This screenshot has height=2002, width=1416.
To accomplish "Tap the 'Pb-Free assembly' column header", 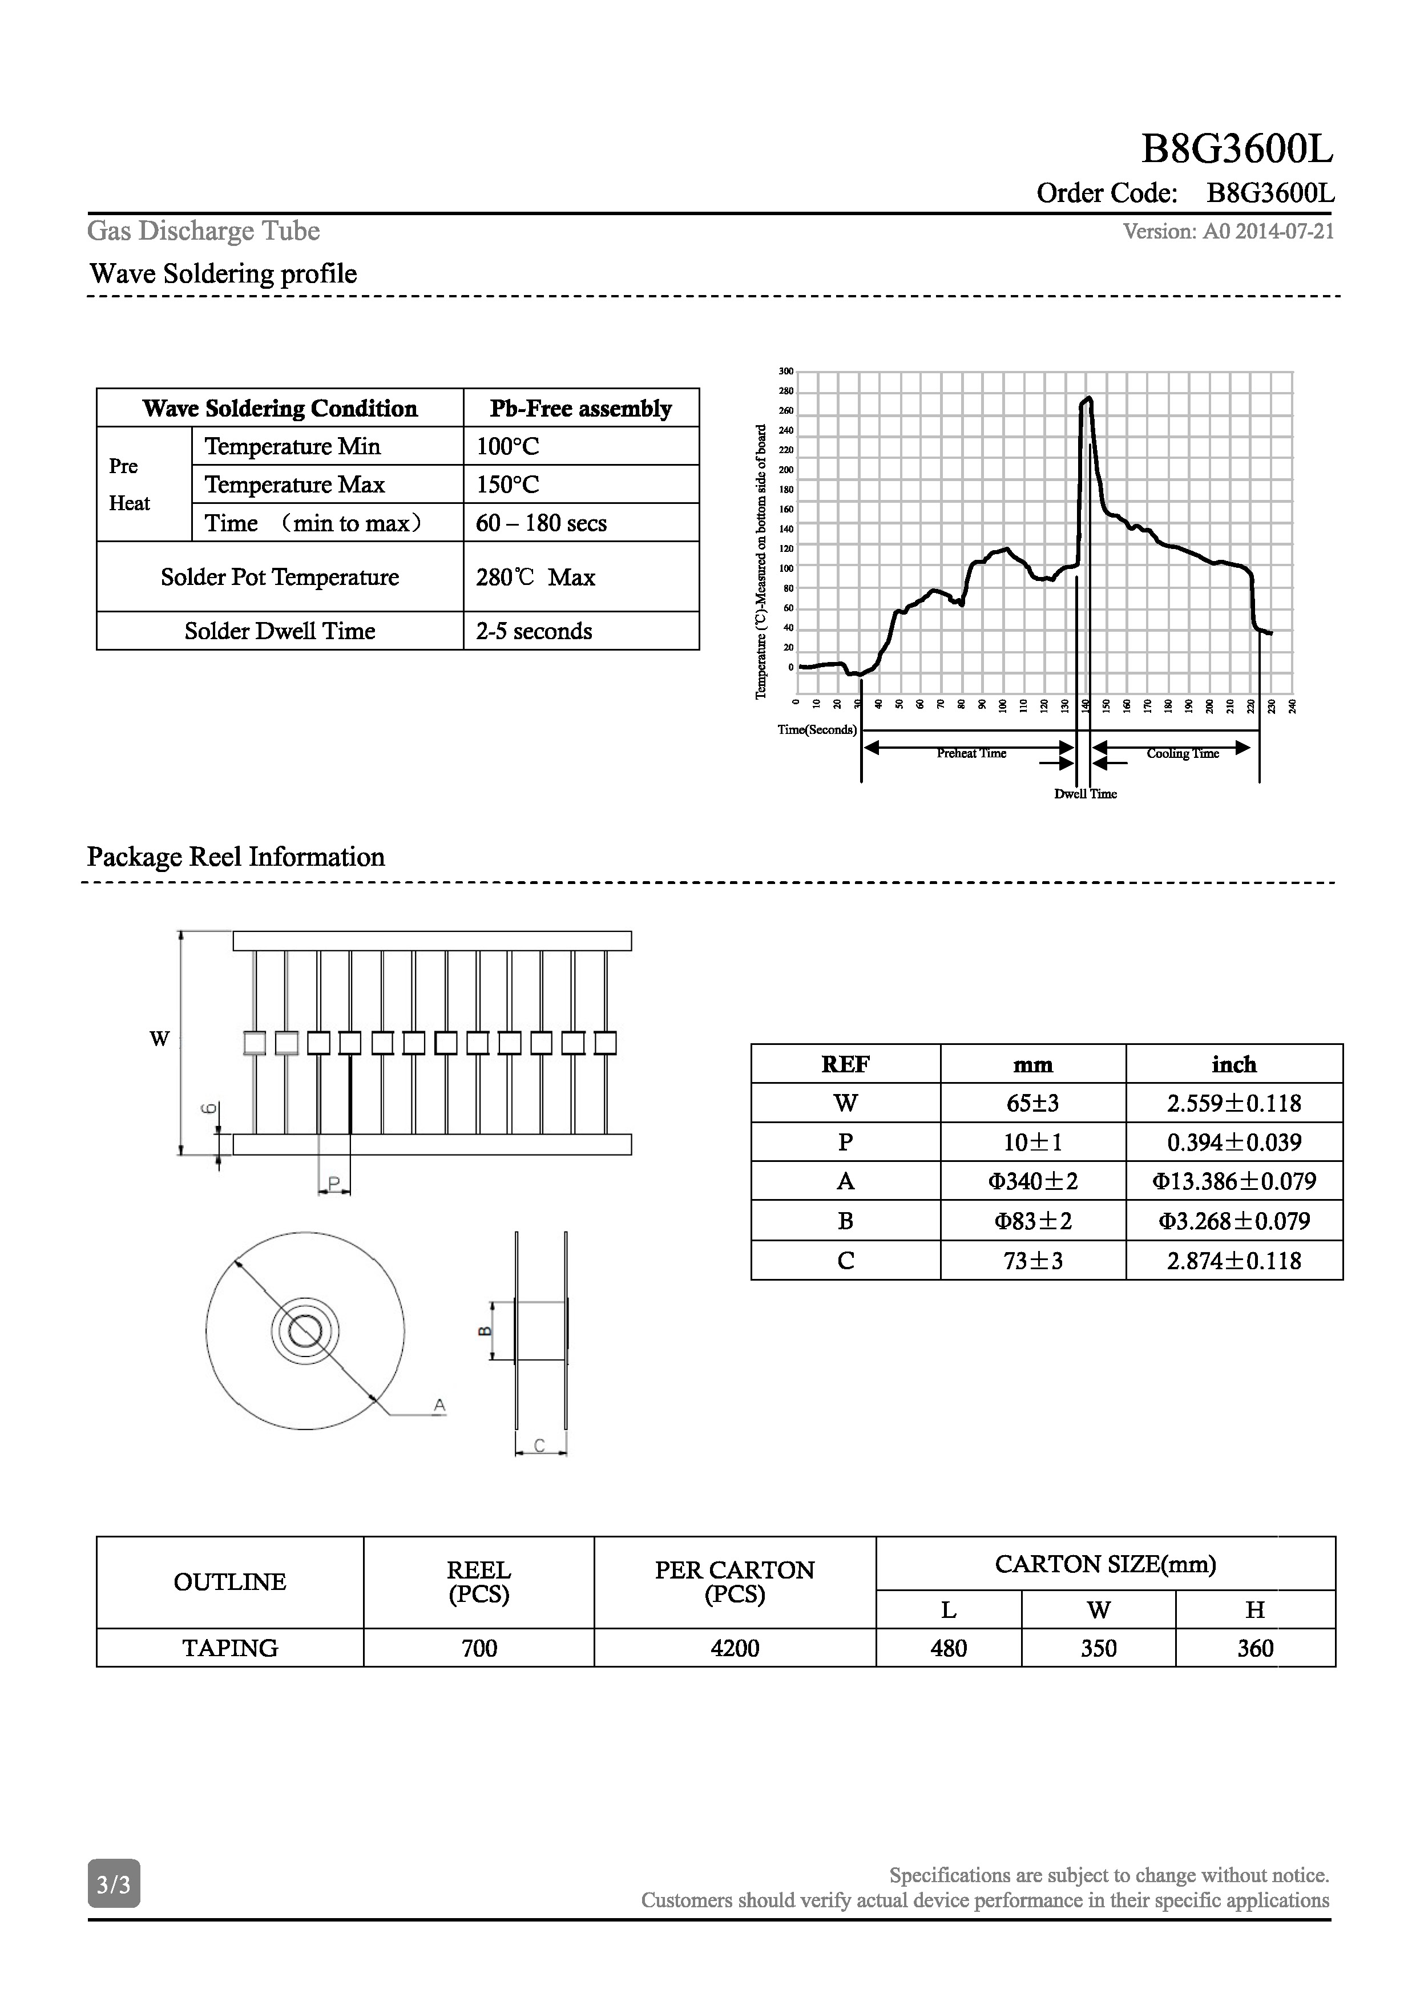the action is click(580, 408).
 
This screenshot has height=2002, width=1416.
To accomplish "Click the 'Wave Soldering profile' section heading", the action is click(223, 274).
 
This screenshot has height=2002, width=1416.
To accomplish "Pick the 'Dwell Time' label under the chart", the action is click(1086, 793).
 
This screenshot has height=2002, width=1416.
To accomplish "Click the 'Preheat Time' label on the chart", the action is click(971, 753).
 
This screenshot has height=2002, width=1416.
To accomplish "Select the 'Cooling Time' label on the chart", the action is click(1183, 753).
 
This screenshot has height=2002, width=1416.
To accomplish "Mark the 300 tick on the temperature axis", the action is click(786, 372).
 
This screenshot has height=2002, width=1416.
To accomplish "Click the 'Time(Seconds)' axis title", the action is click(817, 730).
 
